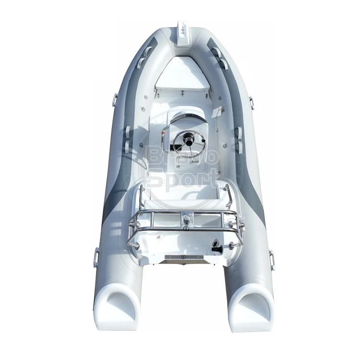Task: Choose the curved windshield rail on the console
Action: [x=181, y=116]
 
